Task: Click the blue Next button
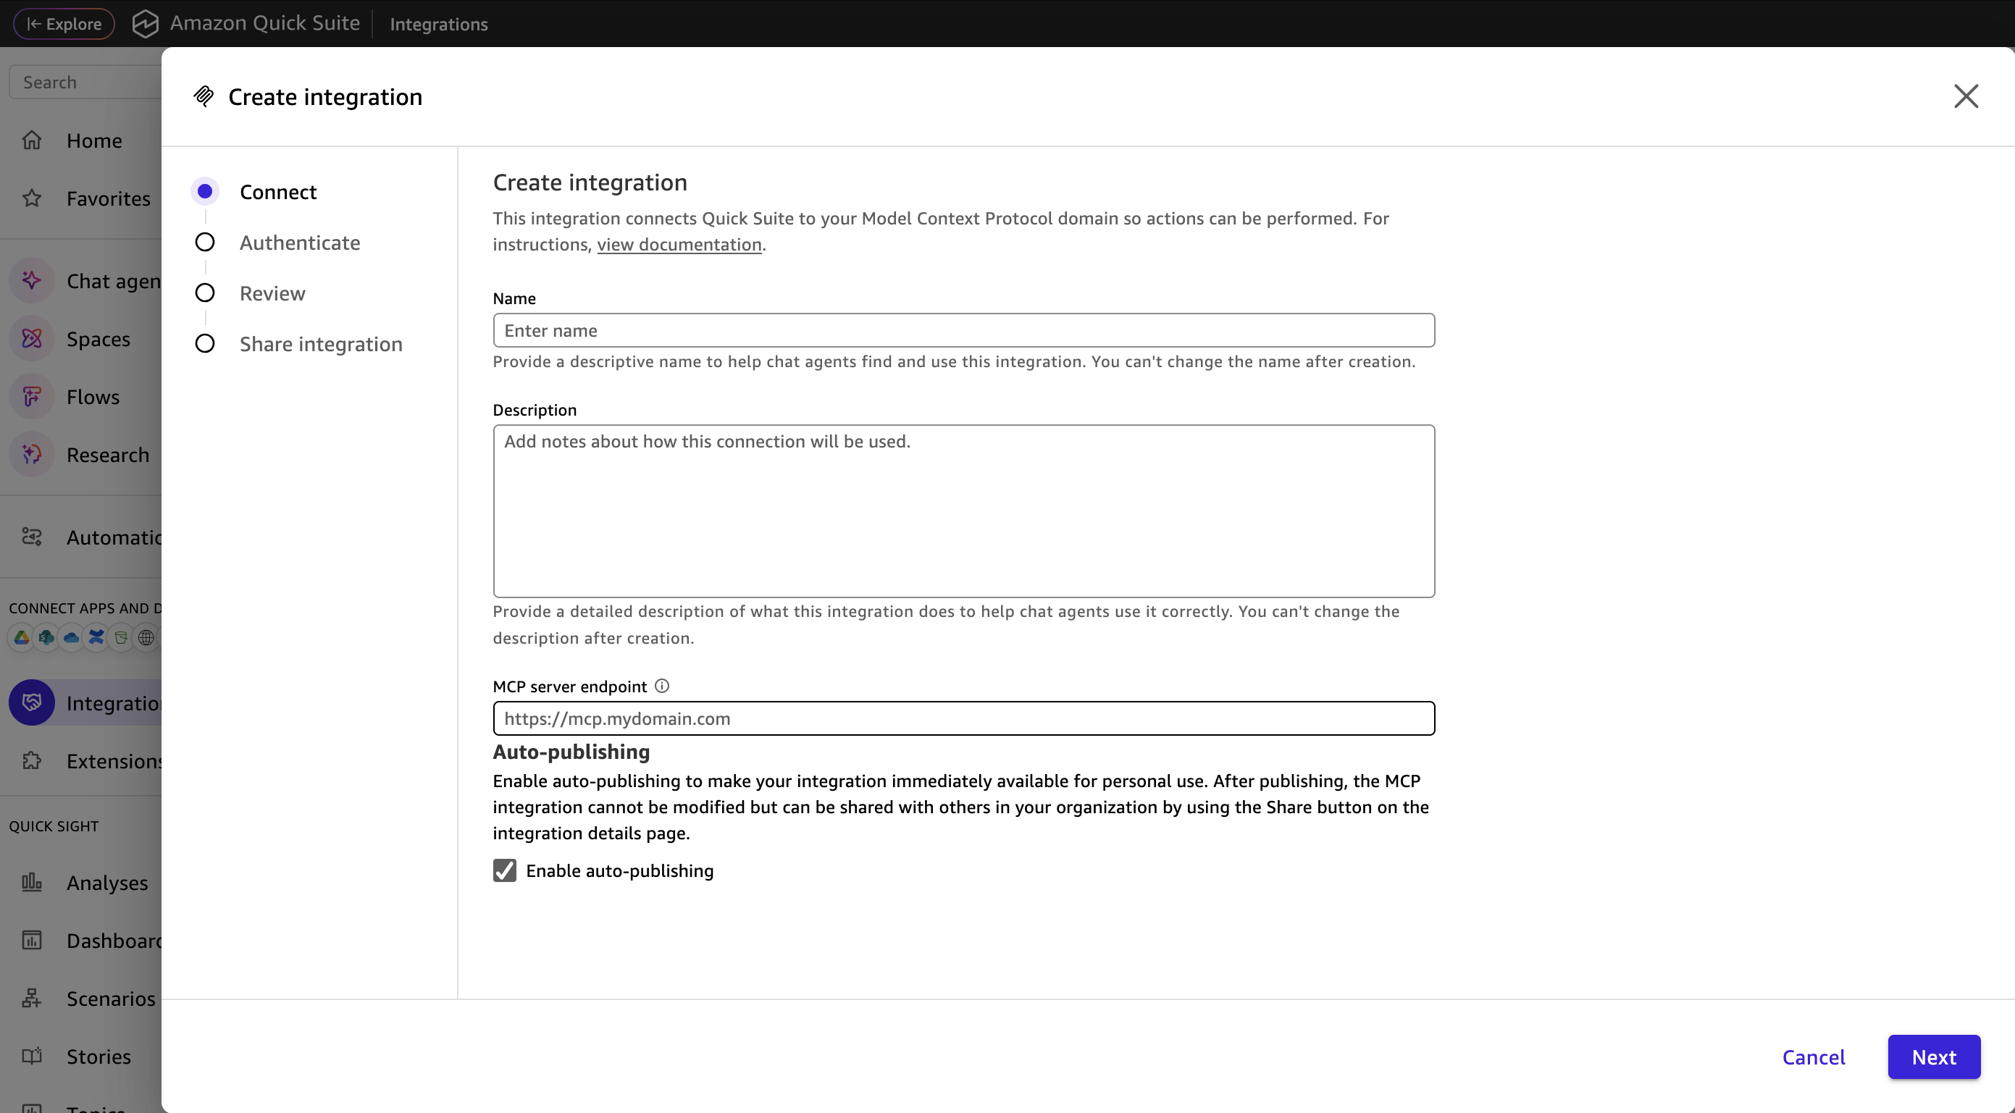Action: [x=1933, y=1057]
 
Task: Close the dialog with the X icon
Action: [x=1965, y=96]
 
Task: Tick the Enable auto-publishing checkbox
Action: [x=505, y=870]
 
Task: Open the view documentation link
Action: [x=679, y=244]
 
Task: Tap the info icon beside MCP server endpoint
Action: [x=662, y=686]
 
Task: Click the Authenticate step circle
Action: [x=205, y=243]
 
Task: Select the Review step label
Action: [x=272, y=293]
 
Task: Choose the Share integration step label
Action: [x=321, y=344]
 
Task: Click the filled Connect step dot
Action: [x=205, y=192]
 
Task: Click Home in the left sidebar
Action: [x=94, y=140]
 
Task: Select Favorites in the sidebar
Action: [x=108, y=198]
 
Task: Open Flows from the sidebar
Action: [x=92, y=398]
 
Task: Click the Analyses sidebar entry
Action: [x=106, y=883]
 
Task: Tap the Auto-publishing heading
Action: [x=571, y=752]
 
